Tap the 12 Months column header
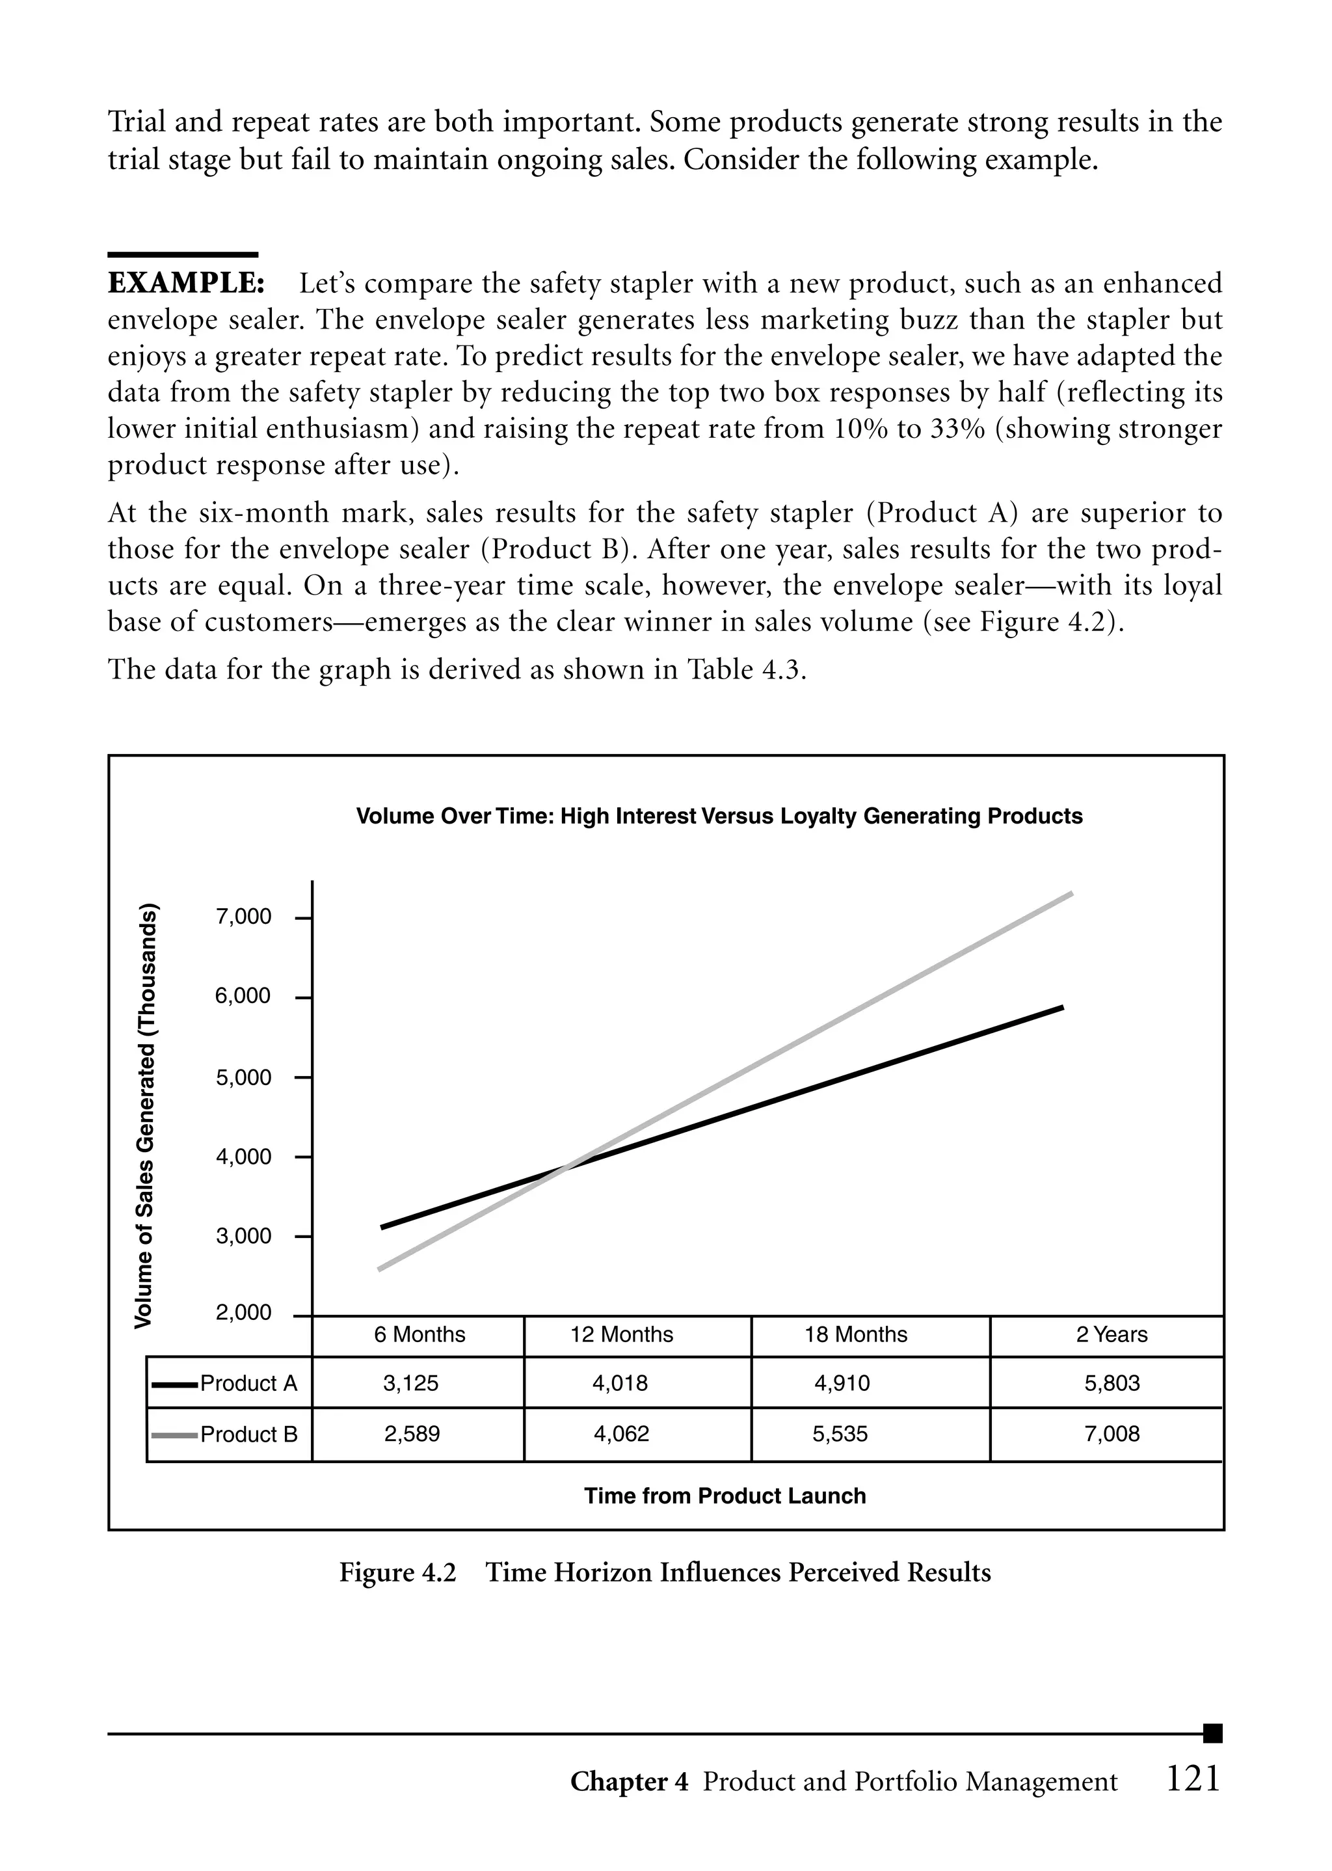[x=621, y=1334]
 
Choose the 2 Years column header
[x=1112, y=1334]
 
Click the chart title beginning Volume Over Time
[x=719, y=816]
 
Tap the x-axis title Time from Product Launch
[x=725, y=1496]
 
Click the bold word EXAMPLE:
[x=186, y=284]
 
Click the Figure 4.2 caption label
[x=398, y=1572]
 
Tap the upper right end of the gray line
[x=1071, y=893]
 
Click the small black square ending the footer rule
[x=1212, y=1733]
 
